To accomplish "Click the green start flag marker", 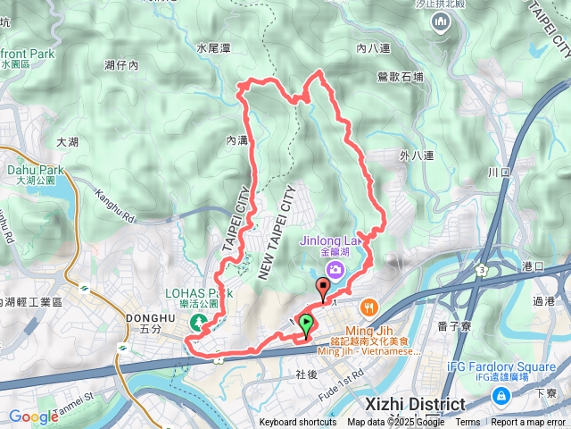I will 306,324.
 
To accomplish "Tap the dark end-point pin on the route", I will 323,288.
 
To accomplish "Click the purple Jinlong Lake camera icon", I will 335,268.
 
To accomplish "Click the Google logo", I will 33,416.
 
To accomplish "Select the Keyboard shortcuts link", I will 298,423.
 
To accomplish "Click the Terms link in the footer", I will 468,423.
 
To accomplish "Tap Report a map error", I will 529,423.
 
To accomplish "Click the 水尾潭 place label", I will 214,47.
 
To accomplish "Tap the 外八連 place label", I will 417,156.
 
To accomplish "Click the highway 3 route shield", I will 482,269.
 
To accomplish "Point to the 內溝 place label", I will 236,140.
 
